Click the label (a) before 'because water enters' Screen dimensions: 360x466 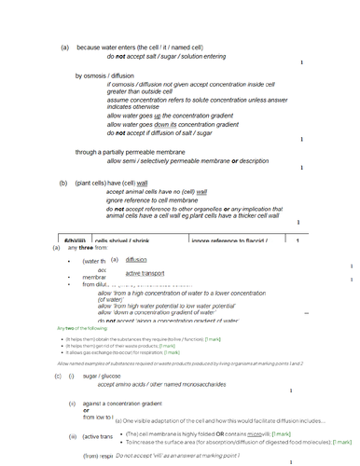(x=65, y=47)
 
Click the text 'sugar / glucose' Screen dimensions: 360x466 (x=103, y=375)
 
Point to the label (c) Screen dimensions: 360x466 (x=58, y=375)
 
